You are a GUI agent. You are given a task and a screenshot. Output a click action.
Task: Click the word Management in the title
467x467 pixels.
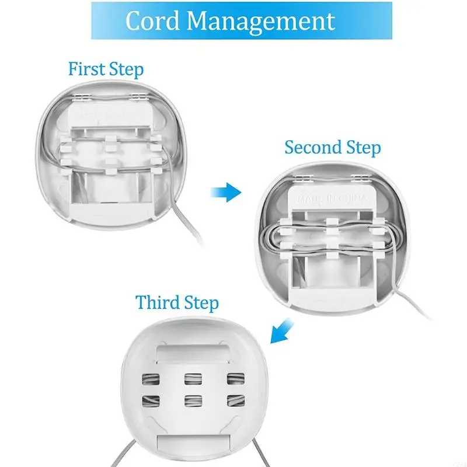point(261,22)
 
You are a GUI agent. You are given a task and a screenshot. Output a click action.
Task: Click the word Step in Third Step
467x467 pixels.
point(200,304)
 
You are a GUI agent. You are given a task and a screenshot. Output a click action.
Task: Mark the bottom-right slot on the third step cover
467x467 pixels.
point(235,401)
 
